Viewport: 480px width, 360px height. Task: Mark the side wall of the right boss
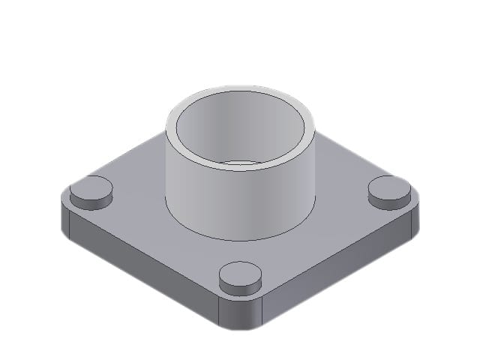pyautogui.click(x=388, y=201)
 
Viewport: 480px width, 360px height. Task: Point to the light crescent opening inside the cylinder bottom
pyautogui.click(x=240, y=163)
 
